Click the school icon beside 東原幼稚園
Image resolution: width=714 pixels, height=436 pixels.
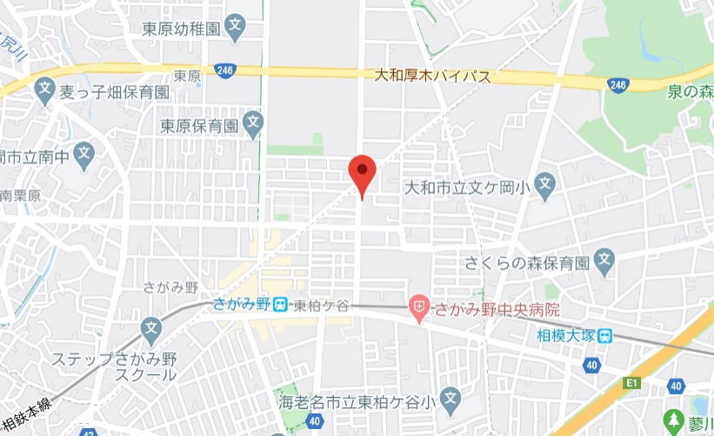235,28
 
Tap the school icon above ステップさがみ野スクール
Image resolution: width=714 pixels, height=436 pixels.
152,331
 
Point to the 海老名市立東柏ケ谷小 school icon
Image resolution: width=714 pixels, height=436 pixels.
450,399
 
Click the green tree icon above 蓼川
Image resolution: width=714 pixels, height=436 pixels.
674,419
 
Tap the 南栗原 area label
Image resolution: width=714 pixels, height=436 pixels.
18,196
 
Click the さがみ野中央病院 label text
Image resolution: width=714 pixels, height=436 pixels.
497,307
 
